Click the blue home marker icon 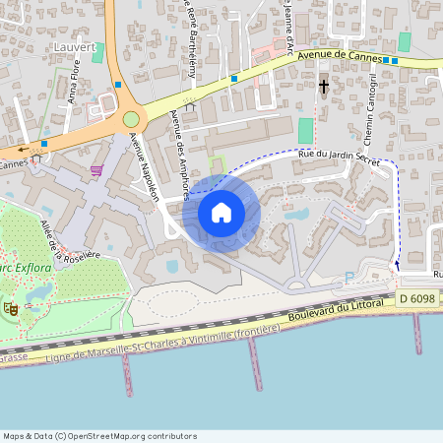click(x=221, y=212)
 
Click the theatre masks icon click(x=12, y=308)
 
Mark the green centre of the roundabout click(x=131, y=119)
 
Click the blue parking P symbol click(x=349, y=278)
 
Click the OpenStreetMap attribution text click(x=98, y=435)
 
